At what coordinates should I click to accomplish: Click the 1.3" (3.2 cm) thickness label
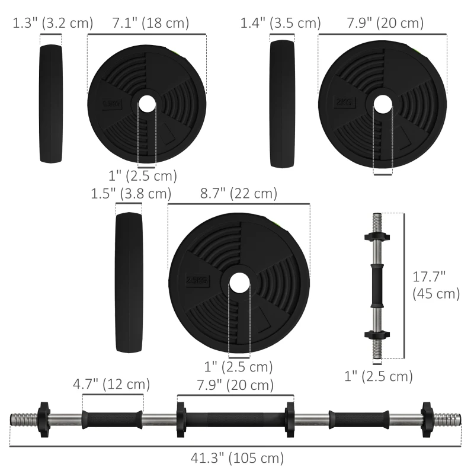(53, 23)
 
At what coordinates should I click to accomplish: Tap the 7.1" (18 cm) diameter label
(150, 23)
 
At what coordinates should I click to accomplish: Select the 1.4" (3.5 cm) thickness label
(280, 23)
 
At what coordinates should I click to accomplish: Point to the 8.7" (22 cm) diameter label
(239, 193)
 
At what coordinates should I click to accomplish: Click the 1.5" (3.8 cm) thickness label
(131, 193)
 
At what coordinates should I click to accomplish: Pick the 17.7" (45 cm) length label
(436, 284)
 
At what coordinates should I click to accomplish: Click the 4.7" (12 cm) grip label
(111, 384)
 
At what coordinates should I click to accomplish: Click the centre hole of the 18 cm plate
(146, 103)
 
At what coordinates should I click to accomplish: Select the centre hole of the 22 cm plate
(239, 281)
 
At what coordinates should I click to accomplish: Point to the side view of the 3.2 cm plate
(51, 103)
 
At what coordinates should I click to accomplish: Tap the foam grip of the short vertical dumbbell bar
(376, 286)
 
